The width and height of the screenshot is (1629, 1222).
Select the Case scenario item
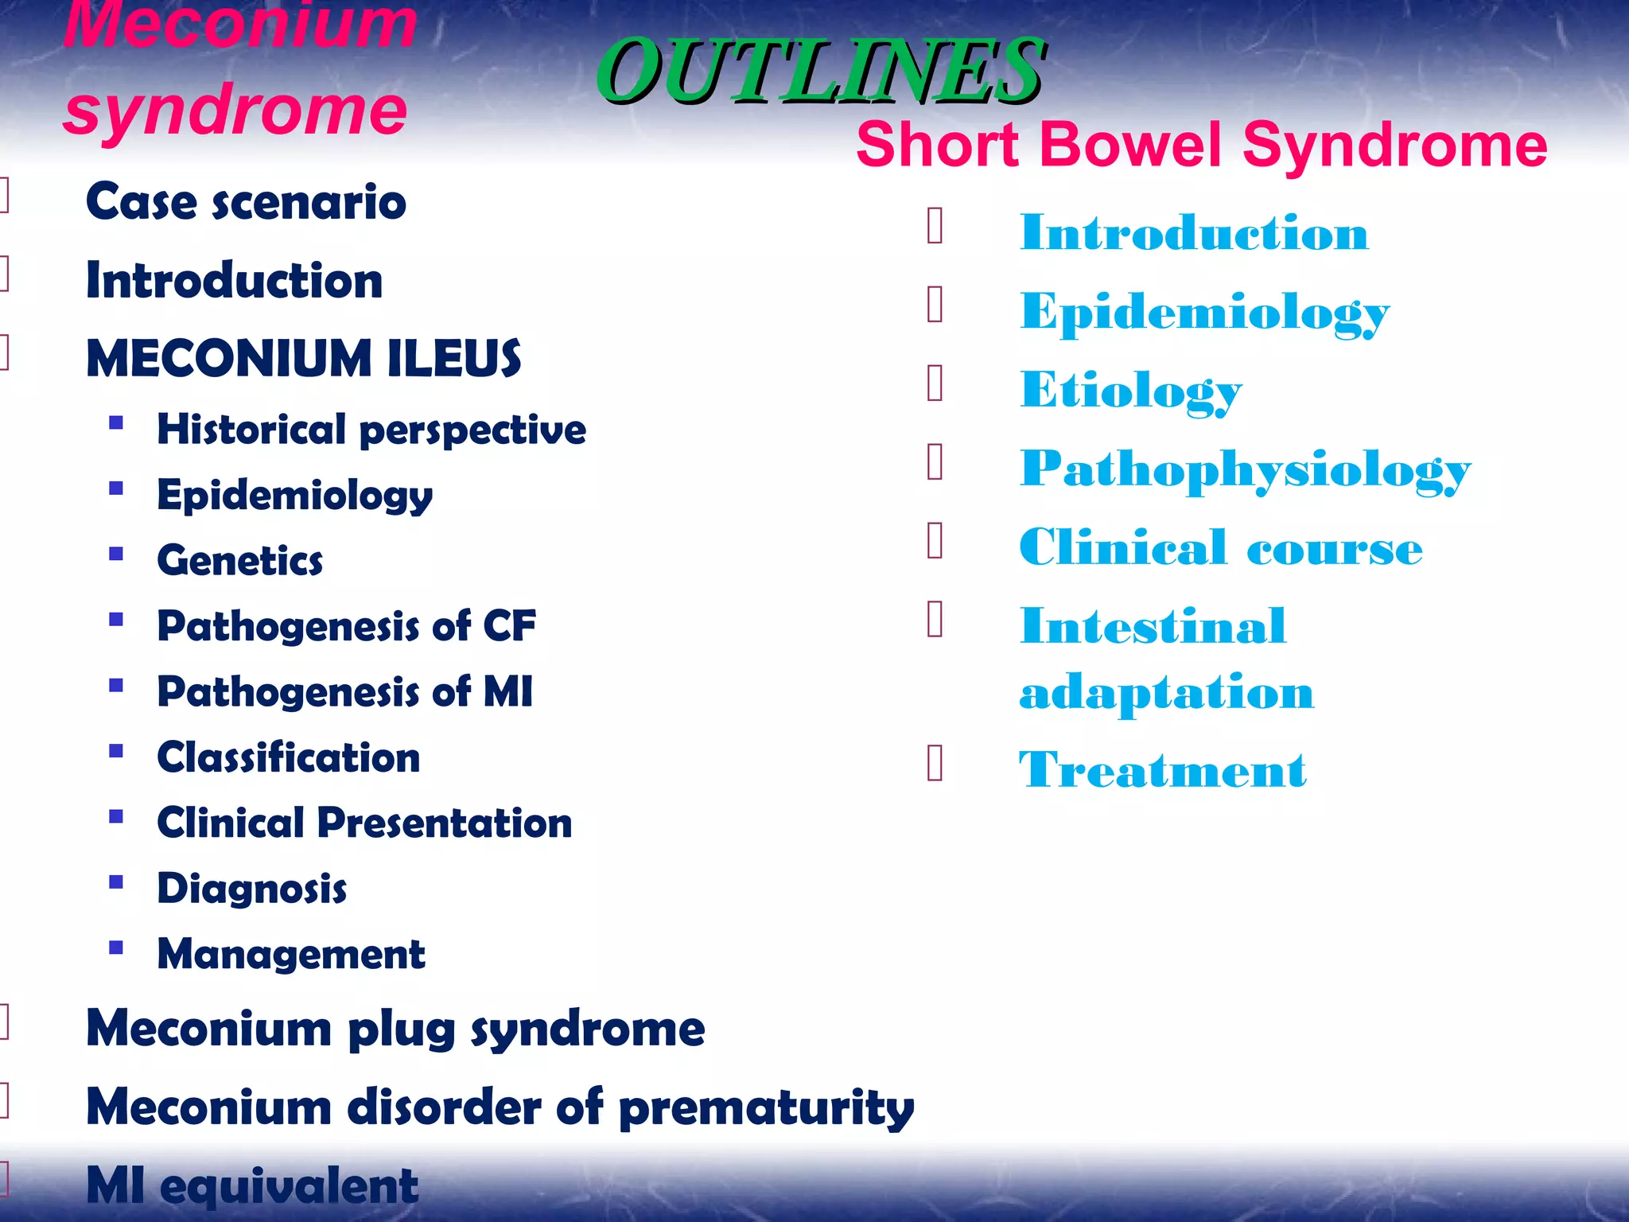click(x=246, y=201)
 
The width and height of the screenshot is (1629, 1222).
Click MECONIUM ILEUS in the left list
click(x=303, y=358)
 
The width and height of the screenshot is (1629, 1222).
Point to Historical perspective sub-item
click(x=371, y=430)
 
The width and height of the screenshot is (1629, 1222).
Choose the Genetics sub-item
click(x=239, y=560)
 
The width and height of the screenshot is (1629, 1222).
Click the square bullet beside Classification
click(x=116, y=751)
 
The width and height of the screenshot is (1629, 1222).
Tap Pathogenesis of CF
click(x=346, y=625)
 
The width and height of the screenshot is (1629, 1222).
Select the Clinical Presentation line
click(x=364, y=823)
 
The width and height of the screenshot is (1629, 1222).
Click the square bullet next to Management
click(x=116, y=948)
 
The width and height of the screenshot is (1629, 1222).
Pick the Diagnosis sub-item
click(x=251, y=888)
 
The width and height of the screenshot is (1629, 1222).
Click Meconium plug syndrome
click(x=395, y=1029)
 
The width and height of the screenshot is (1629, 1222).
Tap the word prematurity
click(x=766, y=1107)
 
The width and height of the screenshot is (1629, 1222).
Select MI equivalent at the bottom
click(x=251, y=1185)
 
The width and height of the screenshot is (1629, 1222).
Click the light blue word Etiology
click(x=1130, y=391)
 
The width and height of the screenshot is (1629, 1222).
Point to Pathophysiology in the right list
click(x=1245, y=469)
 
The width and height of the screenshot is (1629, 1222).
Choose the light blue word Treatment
click(x=1162, y=769)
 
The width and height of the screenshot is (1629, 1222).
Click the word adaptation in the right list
click(x=1166, y=691)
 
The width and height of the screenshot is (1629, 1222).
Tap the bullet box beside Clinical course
click(x=935, y=541)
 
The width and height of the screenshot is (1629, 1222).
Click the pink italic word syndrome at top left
click(x=235, y=110)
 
